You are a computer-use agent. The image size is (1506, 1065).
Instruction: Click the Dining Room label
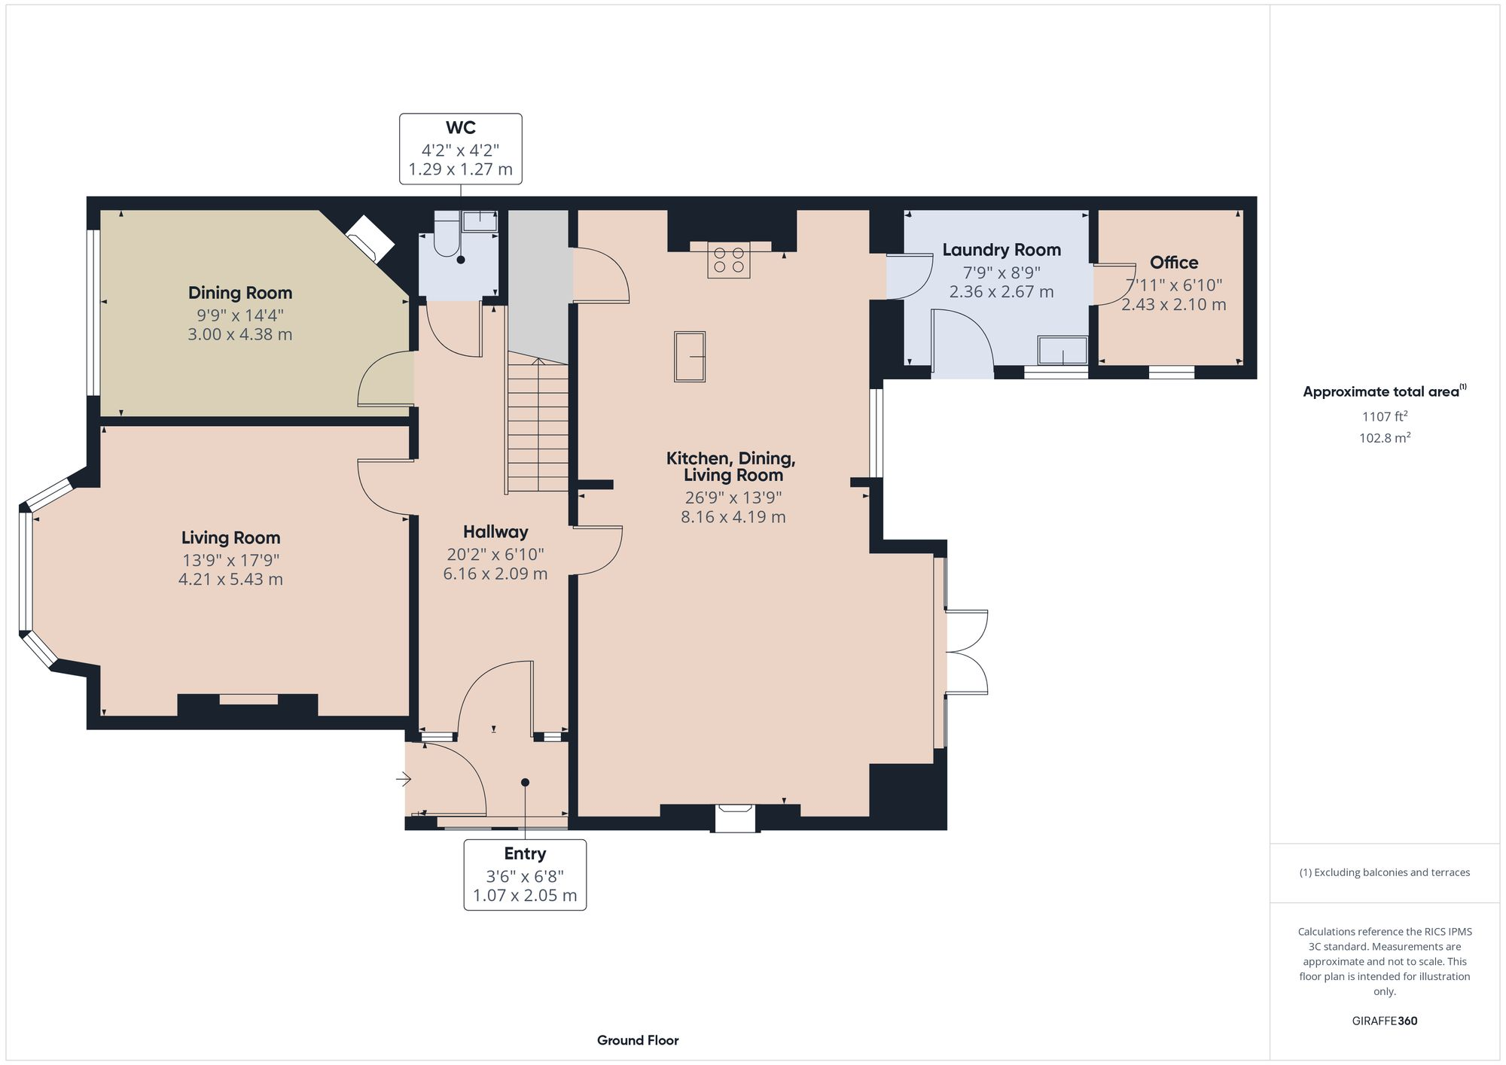(x=240, y=293)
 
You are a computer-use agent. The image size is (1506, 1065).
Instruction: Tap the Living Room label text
(x=230, y=537)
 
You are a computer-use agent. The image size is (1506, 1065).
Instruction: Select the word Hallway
(x=495, y=532)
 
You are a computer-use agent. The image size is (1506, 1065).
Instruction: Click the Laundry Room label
(x=1001, y=250)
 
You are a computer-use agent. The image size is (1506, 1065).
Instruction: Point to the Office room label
(x=1174, y=263)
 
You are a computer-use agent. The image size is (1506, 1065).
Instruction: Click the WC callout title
(x=461, y=128)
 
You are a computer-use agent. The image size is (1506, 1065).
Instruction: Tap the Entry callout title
(x=525, y=854)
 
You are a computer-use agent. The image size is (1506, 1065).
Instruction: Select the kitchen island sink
(x=690, y=357)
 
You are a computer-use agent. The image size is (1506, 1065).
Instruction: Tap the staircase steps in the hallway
(x=537, y=426)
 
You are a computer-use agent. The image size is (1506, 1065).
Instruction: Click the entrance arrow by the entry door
(x=404, y=780)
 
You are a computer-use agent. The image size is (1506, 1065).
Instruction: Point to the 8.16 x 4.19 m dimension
(x=733, y=517)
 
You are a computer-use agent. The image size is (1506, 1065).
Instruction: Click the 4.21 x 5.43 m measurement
(x=230, y=580)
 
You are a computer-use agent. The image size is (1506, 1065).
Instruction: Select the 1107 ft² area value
(x=1385, y=415)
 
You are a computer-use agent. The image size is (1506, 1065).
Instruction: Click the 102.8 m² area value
(x=1385, y=437)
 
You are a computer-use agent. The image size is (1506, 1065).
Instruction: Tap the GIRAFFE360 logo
(x=1385, y=1021)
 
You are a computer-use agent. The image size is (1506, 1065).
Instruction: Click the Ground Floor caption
(x=638, y=1040)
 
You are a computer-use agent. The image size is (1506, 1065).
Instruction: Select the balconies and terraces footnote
(x=1385, y=872)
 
